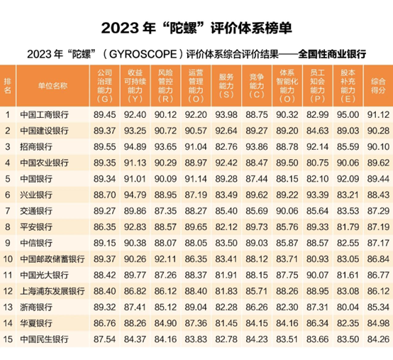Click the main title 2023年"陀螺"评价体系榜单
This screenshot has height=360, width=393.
(x=196, y=28)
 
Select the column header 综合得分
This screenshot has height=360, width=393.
(x=377, y=83)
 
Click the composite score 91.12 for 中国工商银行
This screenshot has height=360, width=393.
(x=377, y=114)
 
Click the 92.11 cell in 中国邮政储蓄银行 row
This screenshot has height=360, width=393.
(x=165, y=258)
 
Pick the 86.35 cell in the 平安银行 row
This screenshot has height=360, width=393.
(x=104, y=227)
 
